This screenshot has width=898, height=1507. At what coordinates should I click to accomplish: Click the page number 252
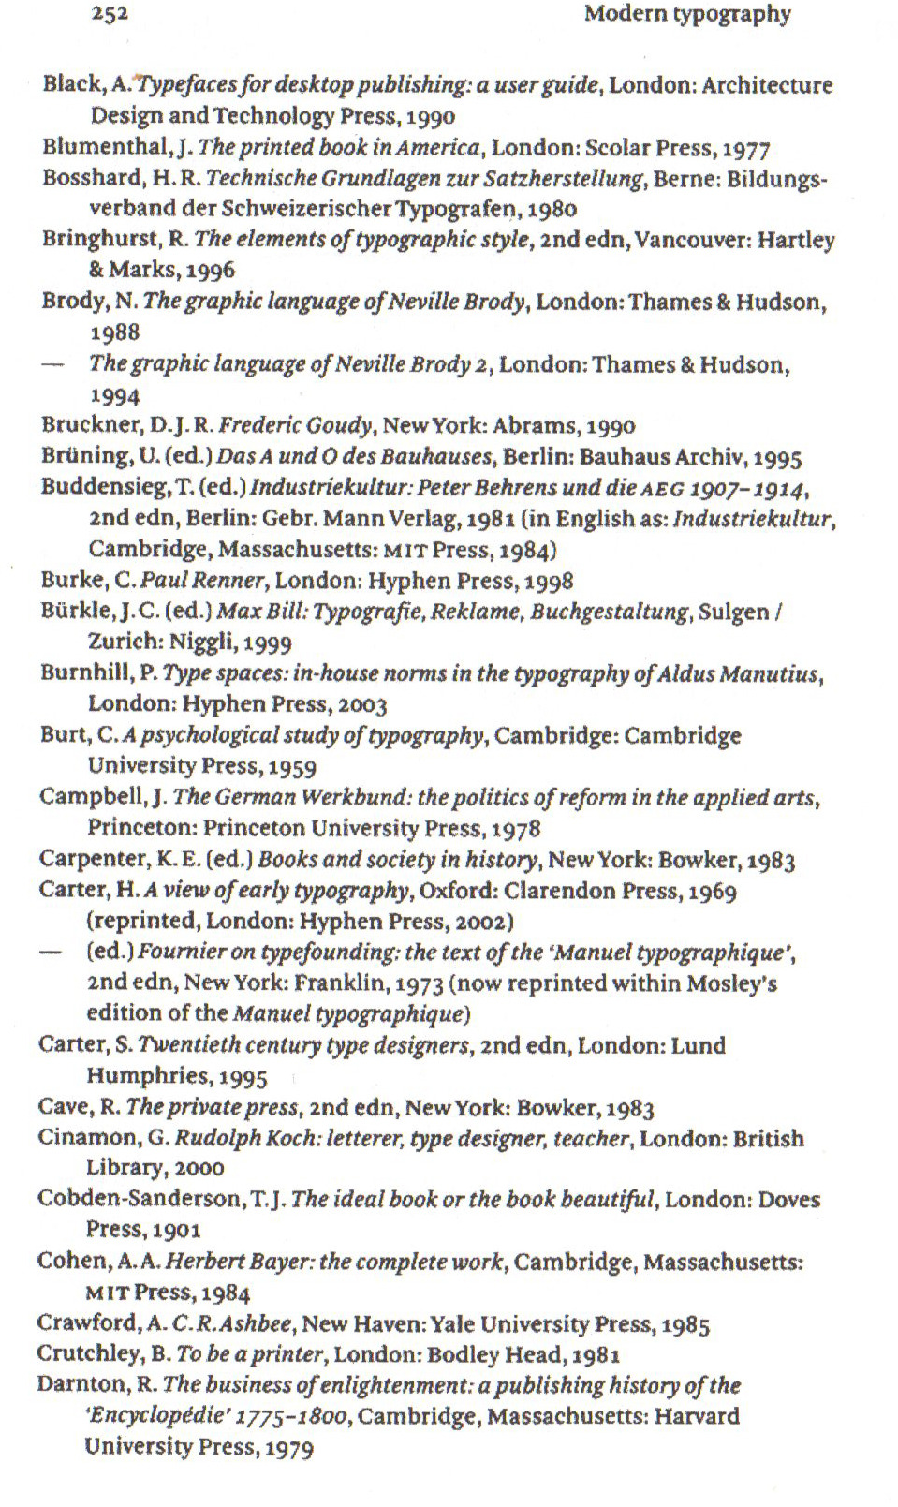tap(110, 13)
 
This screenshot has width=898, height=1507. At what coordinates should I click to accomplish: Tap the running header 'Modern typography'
tap(687, 14)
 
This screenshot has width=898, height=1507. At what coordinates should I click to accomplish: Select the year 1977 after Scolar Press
tap(746, 148)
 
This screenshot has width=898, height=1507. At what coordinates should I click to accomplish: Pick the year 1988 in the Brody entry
tap(114, 332)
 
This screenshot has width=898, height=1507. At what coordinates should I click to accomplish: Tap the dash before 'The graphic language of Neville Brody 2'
tap(52, 364)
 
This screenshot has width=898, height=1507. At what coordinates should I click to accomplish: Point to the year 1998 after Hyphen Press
tap(549, 581)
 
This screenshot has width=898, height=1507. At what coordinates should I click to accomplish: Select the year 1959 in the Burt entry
tap(291, 766)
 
